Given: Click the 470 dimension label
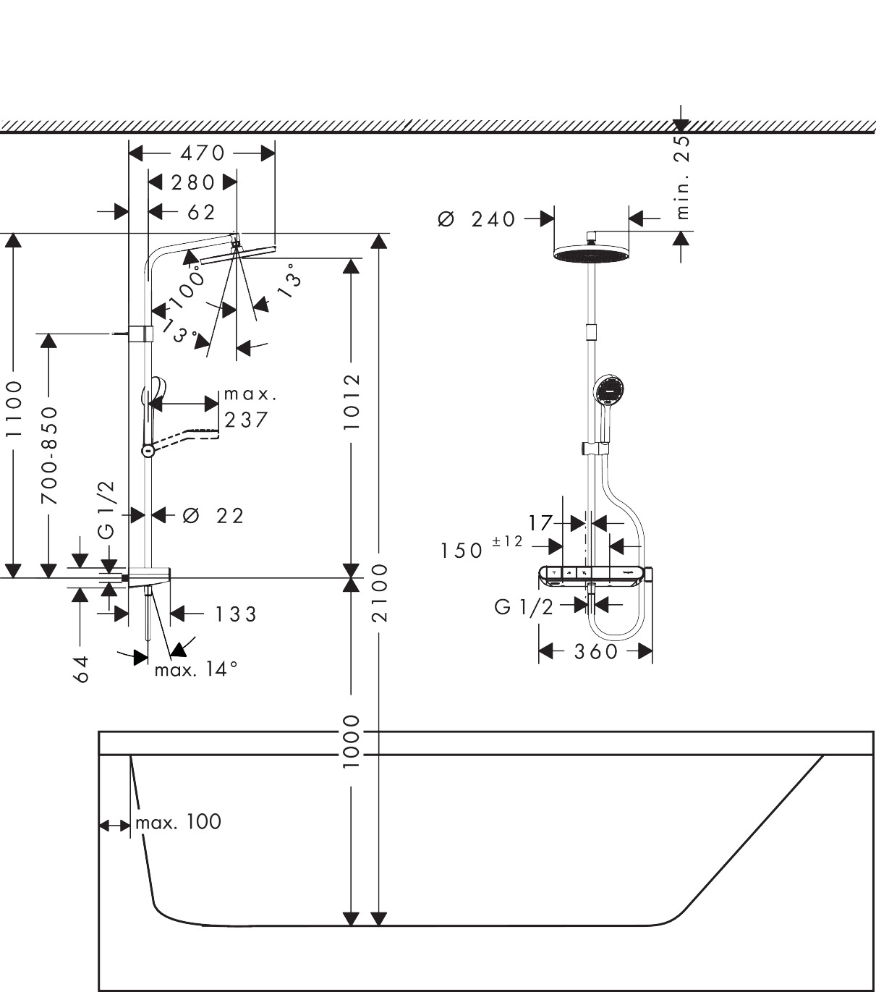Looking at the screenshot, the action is (203, 153).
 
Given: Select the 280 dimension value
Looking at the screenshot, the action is (193, 182).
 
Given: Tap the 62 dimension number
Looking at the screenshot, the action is (202, 213).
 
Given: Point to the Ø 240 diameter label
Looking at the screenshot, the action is (477, 219).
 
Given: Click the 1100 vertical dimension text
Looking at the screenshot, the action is (14, 410).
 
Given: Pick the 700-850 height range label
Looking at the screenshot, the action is (49, 455).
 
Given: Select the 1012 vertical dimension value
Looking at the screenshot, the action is (352, 402).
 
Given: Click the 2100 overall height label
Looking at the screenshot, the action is (380, 593).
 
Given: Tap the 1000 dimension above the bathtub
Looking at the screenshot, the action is (351, 742).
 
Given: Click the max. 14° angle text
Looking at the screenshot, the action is (196, 669).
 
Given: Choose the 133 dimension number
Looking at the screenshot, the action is (236, 614).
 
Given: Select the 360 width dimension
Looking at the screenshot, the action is (596, 652).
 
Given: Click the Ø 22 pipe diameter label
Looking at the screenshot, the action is (213, 516).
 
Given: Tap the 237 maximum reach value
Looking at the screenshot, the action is (246, 420).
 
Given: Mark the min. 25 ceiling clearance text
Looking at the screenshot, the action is (682, 177).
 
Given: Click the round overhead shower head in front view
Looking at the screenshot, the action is (591, 254).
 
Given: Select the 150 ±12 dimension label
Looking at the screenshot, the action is (482, 548).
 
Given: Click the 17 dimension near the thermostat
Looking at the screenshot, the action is (540, 523).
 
